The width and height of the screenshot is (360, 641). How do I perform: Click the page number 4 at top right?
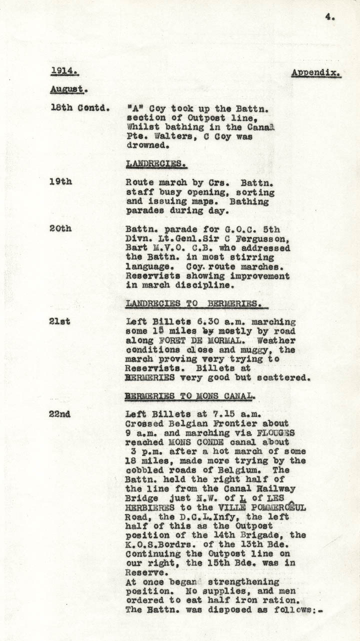click(329, 17)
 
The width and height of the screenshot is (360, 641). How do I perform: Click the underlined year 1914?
click(64, 71)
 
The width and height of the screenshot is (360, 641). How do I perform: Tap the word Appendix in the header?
click(316, 73)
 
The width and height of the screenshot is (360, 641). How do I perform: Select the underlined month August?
click(68, 90)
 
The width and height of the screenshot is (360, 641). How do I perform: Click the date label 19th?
click(60, 181)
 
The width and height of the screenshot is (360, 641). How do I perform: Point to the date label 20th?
click(60, 228)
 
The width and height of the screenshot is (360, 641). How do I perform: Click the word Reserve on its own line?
click(144, 572)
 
